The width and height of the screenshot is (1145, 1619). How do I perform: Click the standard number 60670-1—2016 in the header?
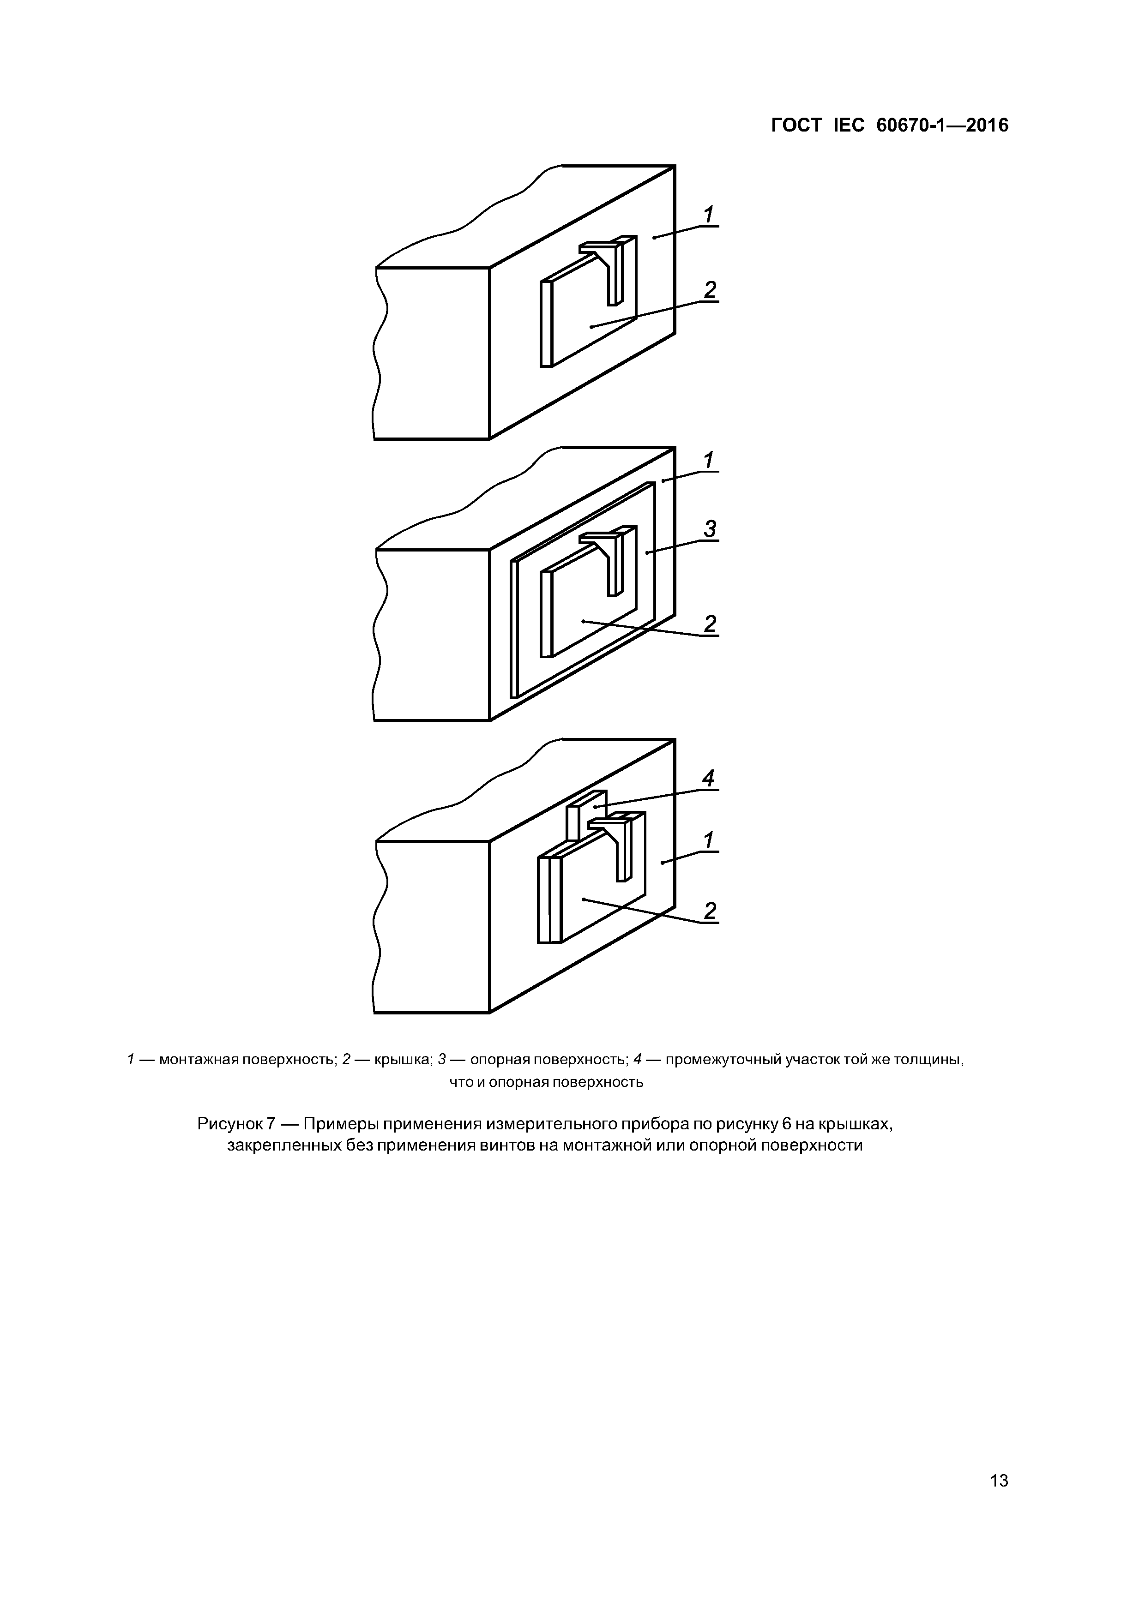tap(942, 126)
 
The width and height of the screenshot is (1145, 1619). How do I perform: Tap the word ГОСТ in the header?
tap(796, 126)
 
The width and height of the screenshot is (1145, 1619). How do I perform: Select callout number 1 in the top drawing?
tap(708, 214)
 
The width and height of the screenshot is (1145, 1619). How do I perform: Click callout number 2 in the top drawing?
tap(709, 290)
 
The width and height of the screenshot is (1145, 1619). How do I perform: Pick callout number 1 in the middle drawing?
tap(708, 461)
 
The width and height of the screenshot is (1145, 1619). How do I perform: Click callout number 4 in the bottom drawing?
tap(708, 779)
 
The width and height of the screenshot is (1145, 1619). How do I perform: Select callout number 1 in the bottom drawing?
tap(708, 840)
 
